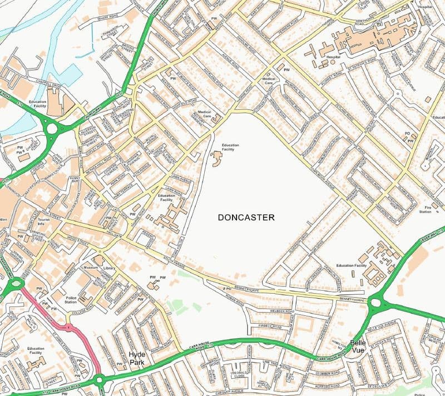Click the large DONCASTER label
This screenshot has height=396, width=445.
246,217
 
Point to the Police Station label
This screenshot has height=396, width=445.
71,299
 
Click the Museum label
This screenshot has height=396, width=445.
91,268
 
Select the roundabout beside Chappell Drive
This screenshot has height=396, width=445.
53,130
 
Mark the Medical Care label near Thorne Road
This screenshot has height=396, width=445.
269,81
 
